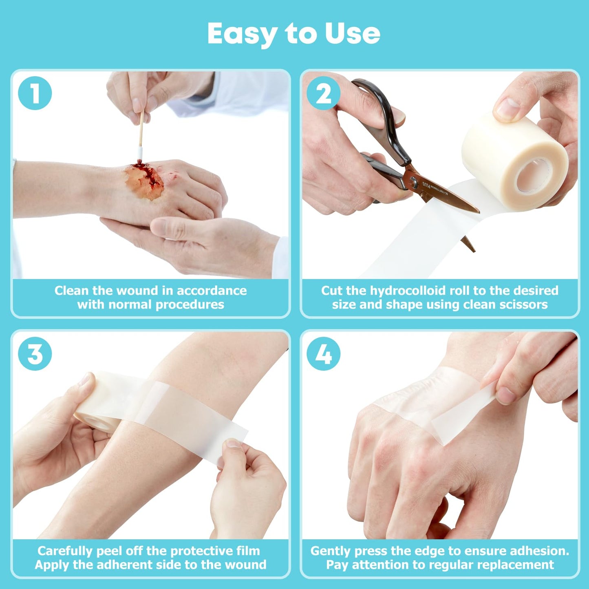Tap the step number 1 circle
(35, 93)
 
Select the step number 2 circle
(324, 93)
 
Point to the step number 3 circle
(35, 354)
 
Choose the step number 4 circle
(324, 354)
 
